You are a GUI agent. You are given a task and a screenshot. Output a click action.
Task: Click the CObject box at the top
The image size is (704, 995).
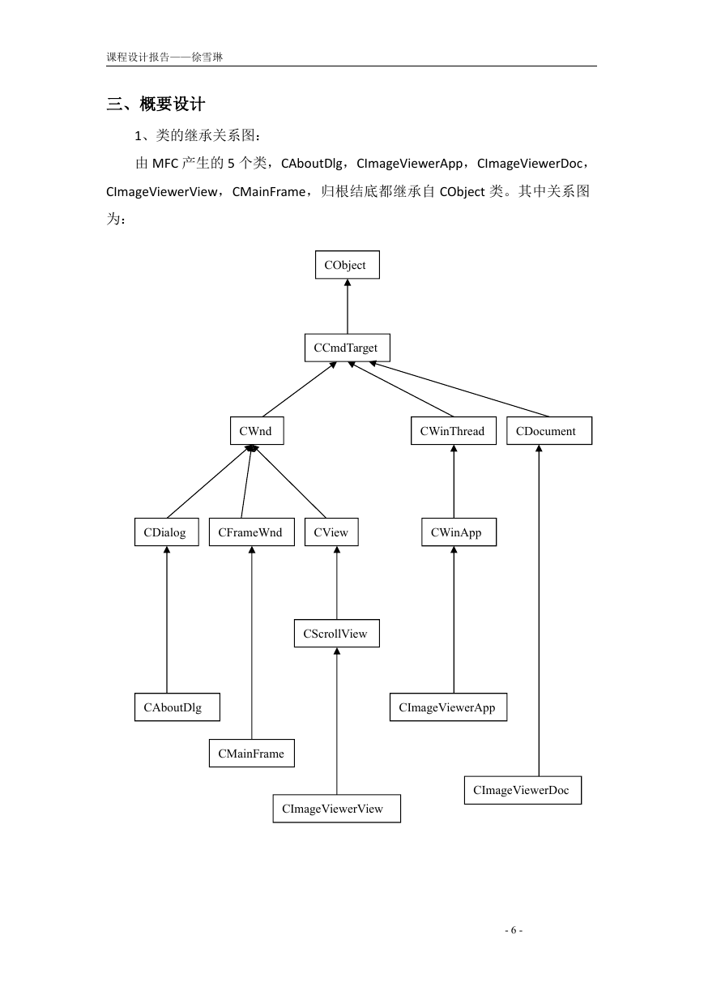[348, 265]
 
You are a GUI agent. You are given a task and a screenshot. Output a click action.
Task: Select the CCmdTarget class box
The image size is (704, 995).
[348, 348]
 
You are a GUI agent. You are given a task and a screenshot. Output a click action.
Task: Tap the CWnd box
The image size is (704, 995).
[257, 430]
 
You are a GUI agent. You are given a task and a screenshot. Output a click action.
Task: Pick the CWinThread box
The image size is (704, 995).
[454, 430]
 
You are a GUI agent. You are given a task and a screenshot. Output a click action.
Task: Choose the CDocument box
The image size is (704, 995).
[549, 430]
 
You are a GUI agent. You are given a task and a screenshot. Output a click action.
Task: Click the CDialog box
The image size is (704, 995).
[167, 532]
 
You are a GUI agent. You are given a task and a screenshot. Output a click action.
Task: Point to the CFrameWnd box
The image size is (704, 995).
[251, 532]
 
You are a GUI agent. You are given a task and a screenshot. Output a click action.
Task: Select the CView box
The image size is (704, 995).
[331, 532]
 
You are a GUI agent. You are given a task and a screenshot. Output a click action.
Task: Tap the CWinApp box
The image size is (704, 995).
[459, 532]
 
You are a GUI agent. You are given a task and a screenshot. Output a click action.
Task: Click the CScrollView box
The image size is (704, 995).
[337, 633]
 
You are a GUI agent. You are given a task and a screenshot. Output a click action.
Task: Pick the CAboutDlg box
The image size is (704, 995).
[177, 707]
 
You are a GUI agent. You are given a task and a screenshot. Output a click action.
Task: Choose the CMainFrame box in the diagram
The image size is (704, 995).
[251, 753]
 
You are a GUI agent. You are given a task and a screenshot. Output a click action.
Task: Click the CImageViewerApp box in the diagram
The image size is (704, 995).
[448, 707]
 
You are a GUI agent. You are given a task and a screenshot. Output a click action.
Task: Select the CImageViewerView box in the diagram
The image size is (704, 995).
[337, 809]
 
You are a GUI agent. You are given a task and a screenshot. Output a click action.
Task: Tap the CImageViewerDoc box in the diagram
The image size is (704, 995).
[523, 790]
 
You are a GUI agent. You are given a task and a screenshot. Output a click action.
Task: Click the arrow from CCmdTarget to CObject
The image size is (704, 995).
[348, 306]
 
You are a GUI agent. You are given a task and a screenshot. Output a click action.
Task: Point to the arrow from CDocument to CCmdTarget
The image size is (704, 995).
[459, 390]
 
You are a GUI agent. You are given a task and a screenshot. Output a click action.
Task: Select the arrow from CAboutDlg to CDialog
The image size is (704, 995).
[167, 619]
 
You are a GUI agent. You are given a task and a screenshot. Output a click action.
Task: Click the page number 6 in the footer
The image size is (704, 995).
[514, 929]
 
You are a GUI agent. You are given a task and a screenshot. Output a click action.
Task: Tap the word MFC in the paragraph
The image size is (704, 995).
[164, 164]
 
